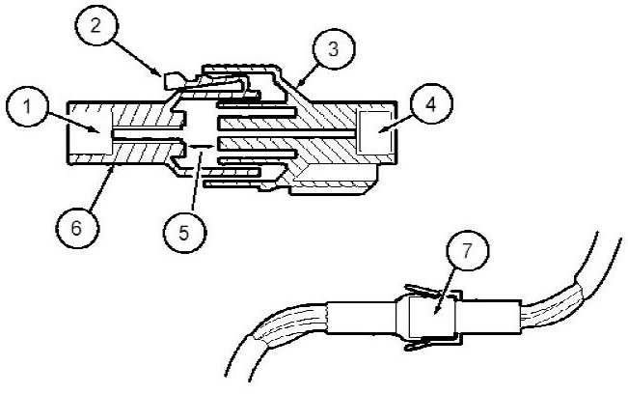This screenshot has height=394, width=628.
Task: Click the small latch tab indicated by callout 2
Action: (x=177, y=79)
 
